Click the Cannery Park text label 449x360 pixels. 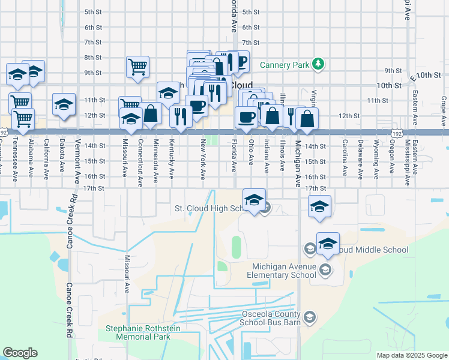[x=285, y=64]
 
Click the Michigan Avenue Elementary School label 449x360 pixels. [x=284, y=271]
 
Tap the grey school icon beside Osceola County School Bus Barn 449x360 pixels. [x=310, y=317]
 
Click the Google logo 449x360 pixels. [x=20, y=353]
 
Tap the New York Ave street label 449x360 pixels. [x=203, y=160]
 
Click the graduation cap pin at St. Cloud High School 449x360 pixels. [x=254, y=201]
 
